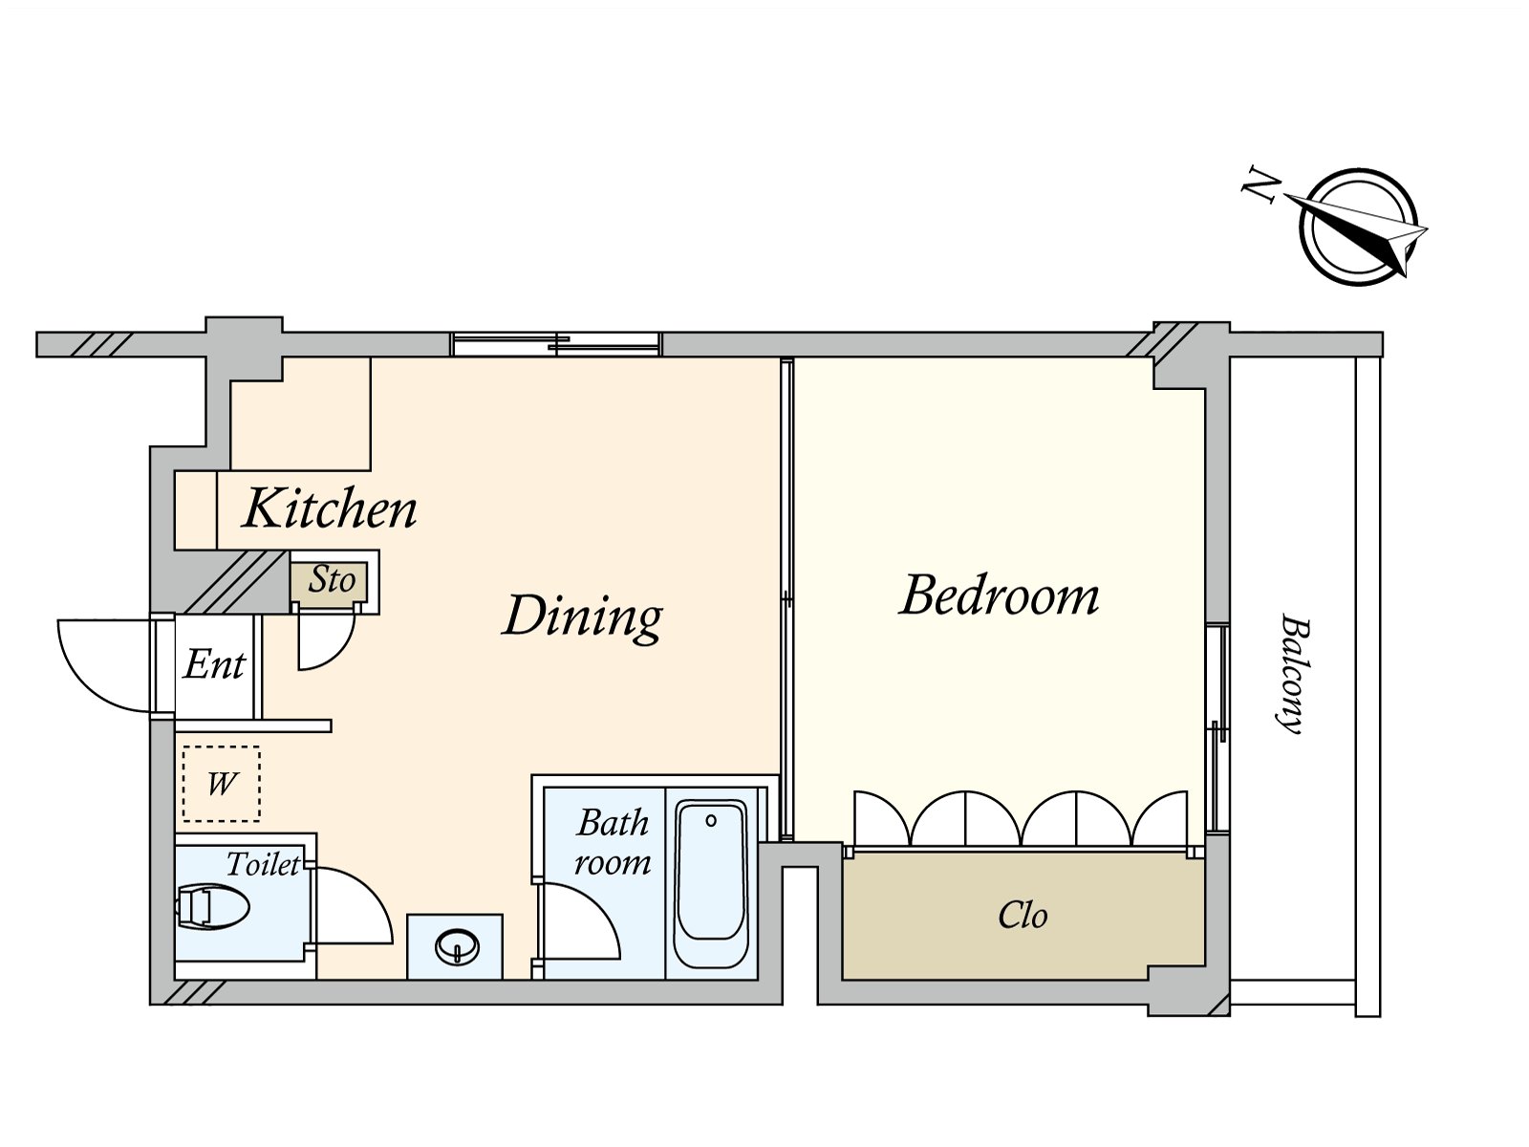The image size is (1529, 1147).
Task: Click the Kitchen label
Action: tap(330, 509)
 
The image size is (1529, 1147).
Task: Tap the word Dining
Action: tap(583, 616)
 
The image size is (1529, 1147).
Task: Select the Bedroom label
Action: tap(1000, 595)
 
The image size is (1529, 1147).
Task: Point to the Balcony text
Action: tap(1293, 673)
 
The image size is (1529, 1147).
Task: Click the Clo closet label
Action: tap(1023, 916)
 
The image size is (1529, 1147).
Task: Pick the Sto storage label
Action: tap(332, 580)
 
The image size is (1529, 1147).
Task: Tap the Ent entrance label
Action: tap(215, 664)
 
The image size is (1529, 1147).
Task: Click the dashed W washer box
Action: tap(221, 784)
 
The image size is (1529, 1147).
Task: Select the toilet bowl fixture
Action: tap(213, 906)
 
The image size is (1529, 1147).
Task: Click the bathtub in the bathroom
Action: tap(710, 883)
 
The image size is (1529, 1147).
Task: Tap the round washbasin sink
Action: tap(457, 947)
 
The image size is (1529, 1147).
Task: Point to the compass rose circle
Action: tap(1357, 227)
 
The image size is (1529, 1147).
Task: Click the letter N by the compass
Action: tap(1260, 184)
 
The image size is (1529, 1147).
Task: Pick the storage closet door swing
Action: tap(325, 638)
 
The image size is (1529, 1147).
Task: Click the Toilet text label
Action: tap(263, 865)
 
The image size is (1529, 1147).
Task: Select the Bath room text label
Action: tap(612, 842)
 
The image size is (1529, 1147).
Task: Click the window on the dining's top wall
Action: tap(555, 344)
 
